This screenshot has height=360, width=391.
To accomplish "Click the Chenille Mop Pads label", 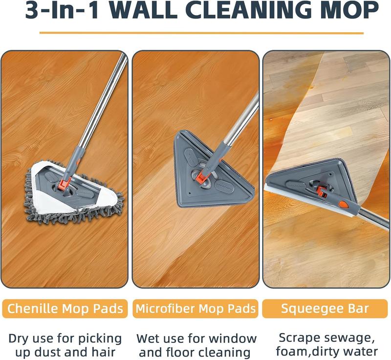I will tap(65, 309).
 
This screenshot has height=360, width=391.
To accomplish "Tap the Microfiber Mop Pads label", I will tap(195, 309).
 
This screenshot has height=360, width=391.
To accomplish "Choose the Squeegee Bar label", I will tap(326, 309).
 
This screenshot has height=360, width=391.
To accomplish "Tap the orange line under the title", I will tap(201, 33).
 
